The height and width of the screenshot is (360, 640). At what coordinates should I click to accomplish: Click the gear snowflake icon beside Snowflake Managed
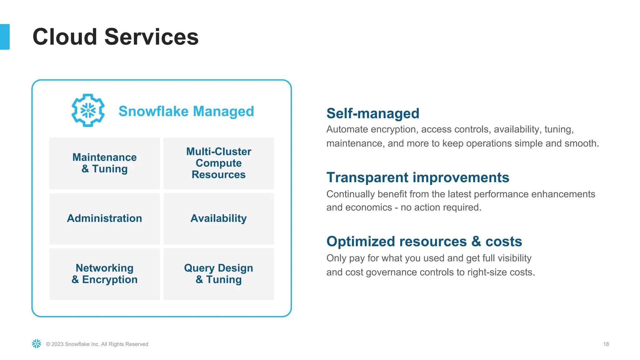point(88,110)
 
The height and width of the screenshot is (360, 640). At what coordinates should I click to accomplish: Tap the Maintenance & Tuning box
point(104,163)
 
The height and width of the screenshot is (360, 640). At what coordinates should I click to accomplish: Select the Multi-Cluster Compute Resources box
point(218,163)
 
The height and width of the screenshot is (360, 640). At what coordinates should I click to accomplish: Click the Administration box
point(104,218)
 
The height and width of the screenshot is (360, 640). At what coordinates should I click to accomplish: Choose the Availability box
point(218,218)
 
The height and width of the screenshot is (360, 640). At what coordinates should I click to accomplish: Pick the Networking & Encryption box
point(104,274)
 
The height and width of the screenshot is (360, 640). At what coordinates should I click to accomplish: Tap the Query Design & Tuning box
point(218,274)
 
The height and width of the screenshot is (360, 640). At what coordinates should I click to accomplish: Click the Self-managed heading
point(372,113)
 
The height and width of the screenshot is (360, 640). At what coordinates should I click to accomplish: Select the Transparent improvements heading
point(417,177)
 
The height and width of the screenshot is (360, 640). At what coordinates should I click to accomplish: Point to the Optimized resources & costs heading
point(424,242)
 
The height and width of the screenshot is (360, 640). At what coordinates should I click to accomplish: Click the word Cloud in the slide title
point(65,37)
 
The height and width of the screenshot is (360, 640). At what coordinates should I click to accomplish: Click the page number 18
point(606,344)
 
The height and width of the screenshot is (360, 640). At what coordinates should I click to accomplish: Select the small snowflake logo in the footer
point(37,344)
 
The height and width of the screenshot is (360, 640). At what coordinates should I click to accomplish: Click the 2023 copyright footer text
point(97,344)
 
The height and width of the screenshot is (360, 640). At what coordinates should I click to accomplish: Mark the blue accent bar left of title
point(5,37)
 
